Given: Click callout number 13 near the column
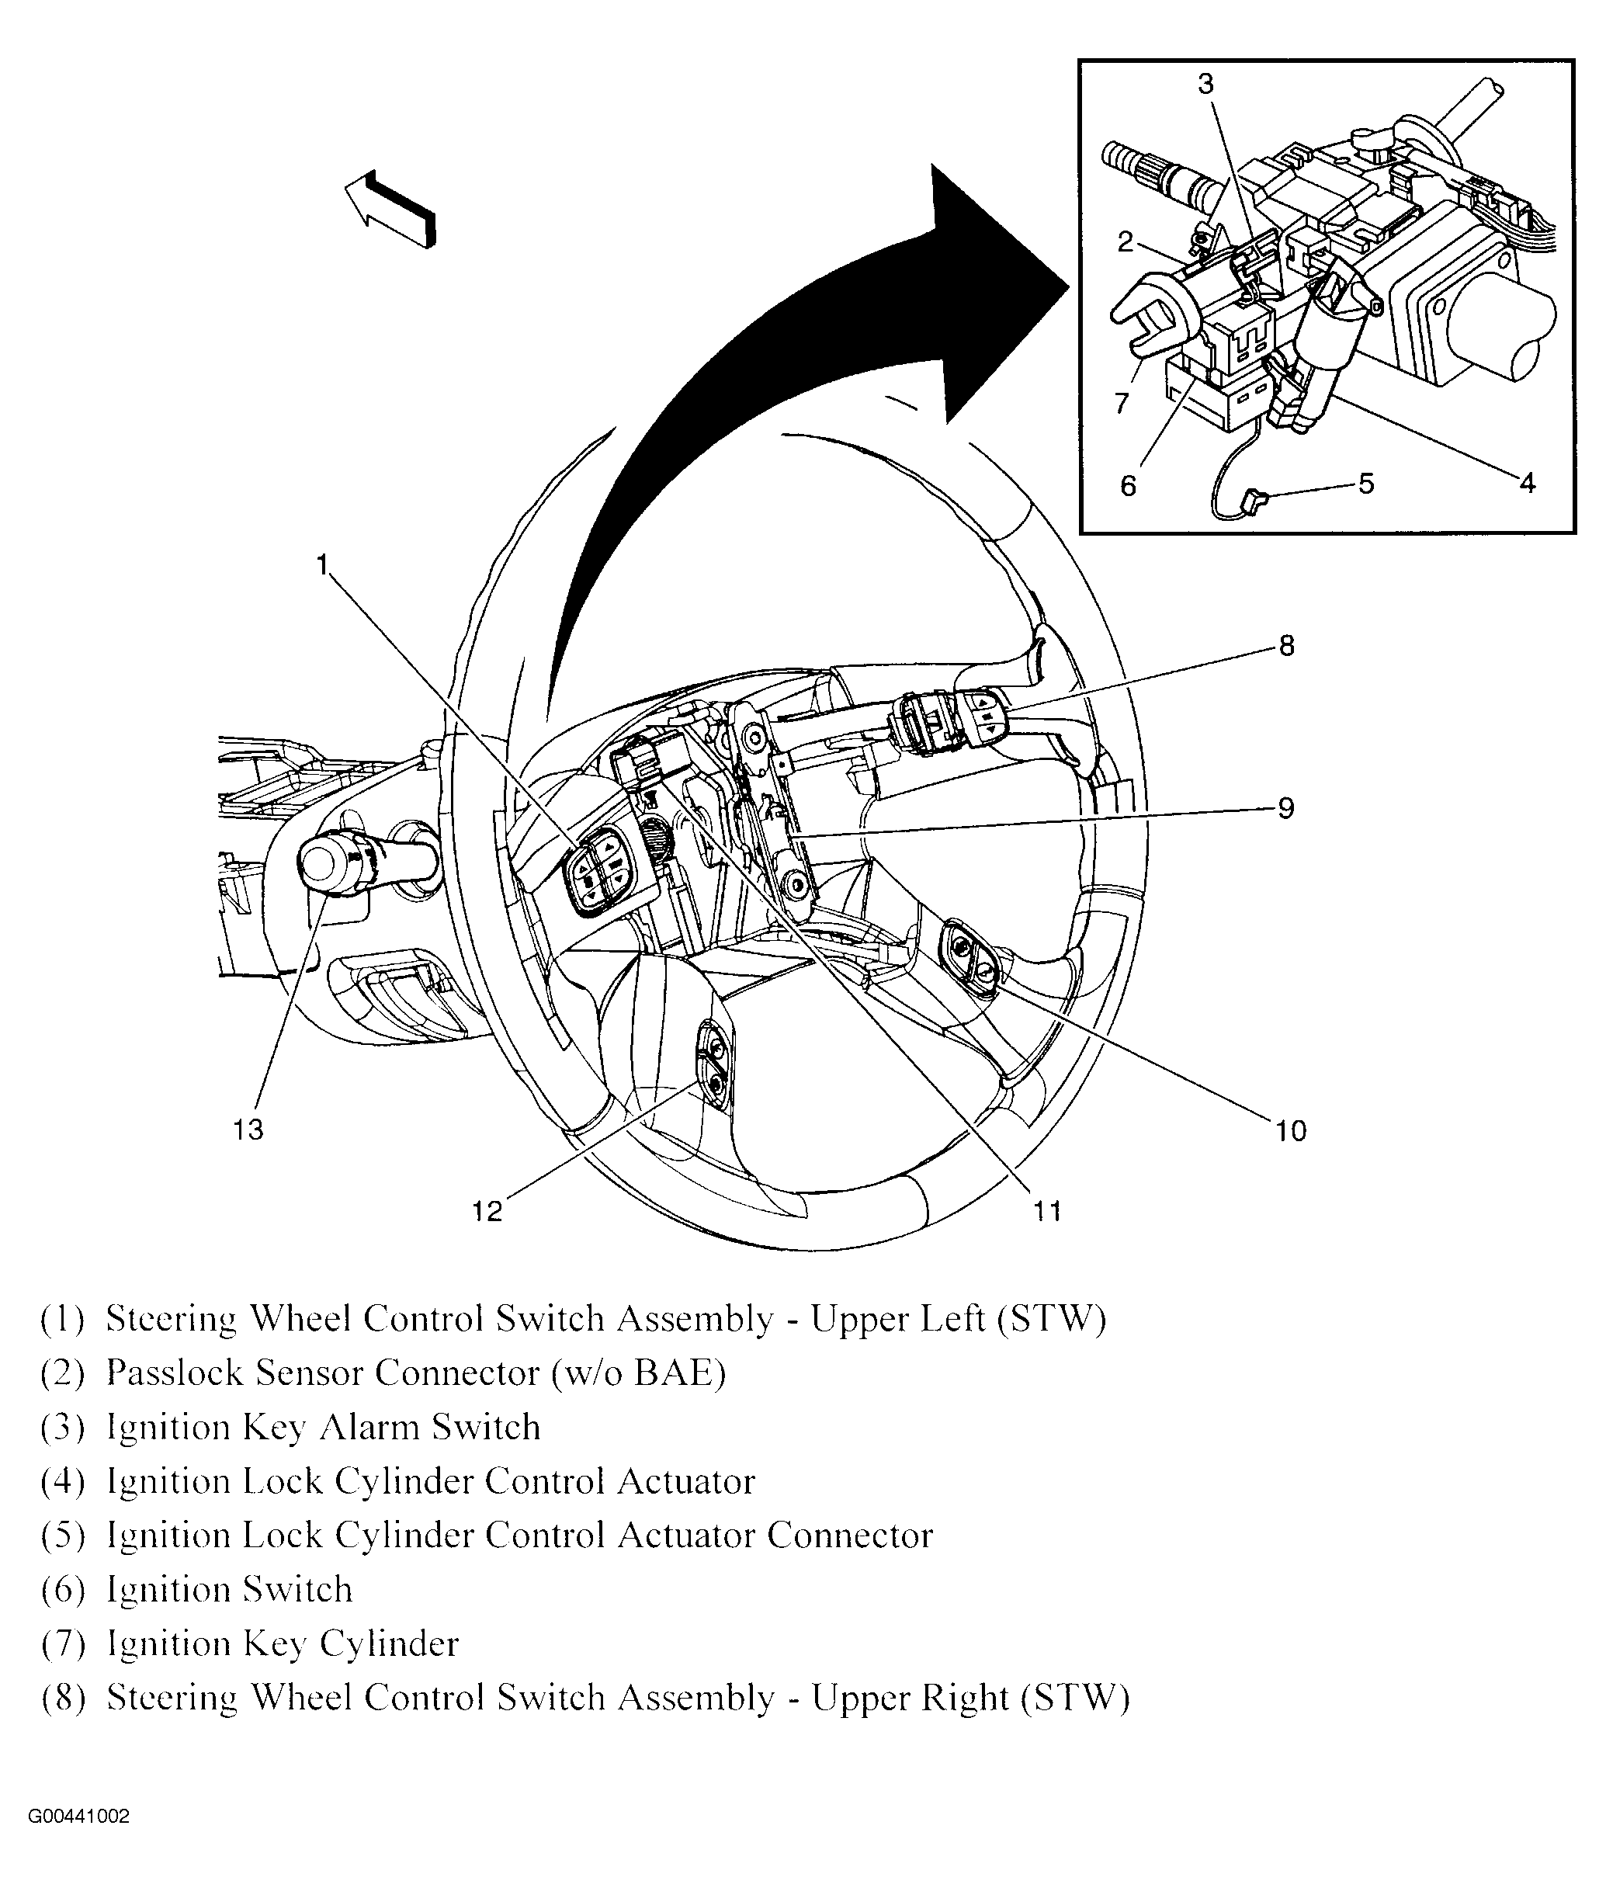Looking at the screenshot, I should pyautogui.click(x=248, y=1130).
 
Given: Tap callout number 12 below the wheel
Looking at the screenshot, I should pyautogui.click(x=487, y=1211).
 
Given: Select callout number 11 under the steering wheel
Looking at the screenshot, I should pyautogui.click(x=1047, y=1210).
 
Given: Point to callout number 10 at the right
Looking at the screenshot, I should pyautogui.click(x=1290, y=1130).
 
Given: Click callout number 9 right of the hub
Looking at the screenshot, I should pyautogui.click(x=1285, y=808).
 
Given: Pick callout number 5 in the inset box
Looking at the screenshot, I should pyautogui.click(x=1366, y=483).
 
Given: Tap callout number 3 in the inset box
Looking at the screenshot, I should pyautogui.click(x=1205, y=85).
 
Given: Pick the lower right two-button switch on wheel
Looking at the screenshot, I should pyautogui.click(x=970, y=961).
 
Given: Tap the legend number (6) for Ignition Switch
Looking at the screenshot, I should pyautogui.click(x=63, y=1591).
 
